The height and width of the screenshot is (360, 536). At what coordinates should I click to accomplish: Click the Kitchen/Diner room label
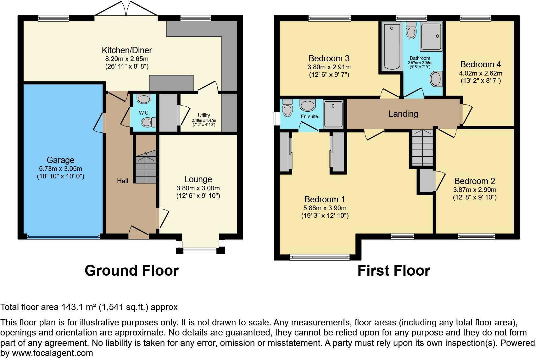(x=127, y=50)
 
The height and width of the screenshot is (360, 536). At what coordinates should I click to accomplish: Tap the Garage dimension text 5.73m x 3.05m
(x=60, y=169)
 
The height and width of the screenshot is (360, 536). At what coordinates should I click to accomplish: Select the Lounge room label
(x=198, y=179)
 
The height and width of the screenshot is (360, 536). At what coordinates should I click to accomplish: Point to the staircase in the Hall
(x=146, y=167)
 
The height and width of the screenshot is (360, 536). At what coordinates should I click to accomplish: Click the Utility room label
(x=204, y=115)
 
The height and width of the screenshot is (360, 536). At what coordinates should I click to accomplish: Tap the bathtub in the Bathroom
(x=392, y=47)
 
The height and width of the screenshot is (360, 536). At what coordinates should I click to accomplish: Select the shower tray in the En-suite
(x=333, y=114)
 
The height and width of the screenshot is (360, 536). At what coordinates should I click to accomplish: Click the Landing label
(x=403, y=114)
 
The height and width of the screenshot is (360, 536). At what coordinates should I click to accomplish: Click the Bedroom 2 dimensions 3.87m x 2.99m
(x=474, y=190)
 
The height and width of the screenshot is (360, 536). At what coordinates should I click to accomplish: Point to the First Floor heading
(x=394, y=271)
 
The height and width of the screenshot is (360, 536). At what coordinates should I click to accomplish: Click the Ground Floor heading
(x=131, y=271)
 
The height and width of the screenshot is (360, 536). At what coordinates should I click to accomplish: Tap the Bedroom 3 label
(x=329, y=58)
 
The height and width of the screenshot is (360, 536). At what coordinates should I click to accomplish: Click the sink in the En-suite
(x=308, y=105)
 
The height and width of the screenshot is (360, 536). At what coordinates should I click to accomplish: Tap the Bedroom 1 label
(x=324, y=199)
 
